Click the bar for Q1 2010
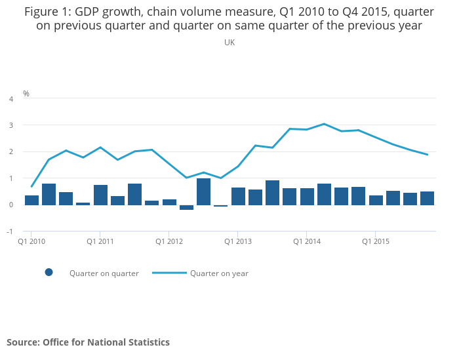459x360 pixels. pyautogui.click(x=31, y=200)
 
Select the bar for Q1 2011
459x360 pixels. pyautogui.click(x=100, y=195)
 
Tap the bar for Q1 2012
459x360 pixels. pyautogui.click(x=169, y=202)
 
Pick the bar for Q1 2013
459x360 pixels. pyautogui.click(x=238, y=196)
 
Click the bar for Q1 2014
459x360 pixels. pyautogui.click(x=307, y=197)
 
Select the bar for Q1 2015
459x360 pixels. pyautogui.click(x=376, y=200)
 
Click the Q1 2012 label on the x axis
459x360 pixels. pyautogui.click(x=169, y=241)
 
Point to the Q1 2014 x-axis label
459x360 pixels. pyautogui.click(x=307, y=241)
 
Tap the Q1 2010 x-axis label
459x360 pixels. pyautogui.click(x=31, y=241)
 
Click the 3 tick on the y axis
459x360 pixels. pyautogui.click(x=10, y=125)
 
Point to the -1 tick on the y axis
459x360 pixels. pyautogui.click(x=10, y=231)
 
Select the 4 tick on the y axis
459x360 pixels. pyautogui.click(x=10, y=99)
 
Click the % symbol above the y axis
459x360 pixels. pyautogui.click(x=26, y=94)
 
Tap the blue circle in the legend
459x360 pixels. pyautogui.click(x=49, y=273)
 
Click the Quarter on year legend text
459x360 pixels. pyautogui.click(x=219, y=273)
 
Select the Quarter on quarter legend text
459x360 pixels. pyautogui.click(x=104, y=273)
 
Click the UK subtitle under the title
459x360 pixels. pyautogui.click(x=229, y=43)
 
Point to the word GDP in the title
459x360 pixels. pyautogui.click(x=89, y=11)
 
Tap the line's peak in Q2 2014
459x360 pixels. pyautogui.click(x=324, y=123)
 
